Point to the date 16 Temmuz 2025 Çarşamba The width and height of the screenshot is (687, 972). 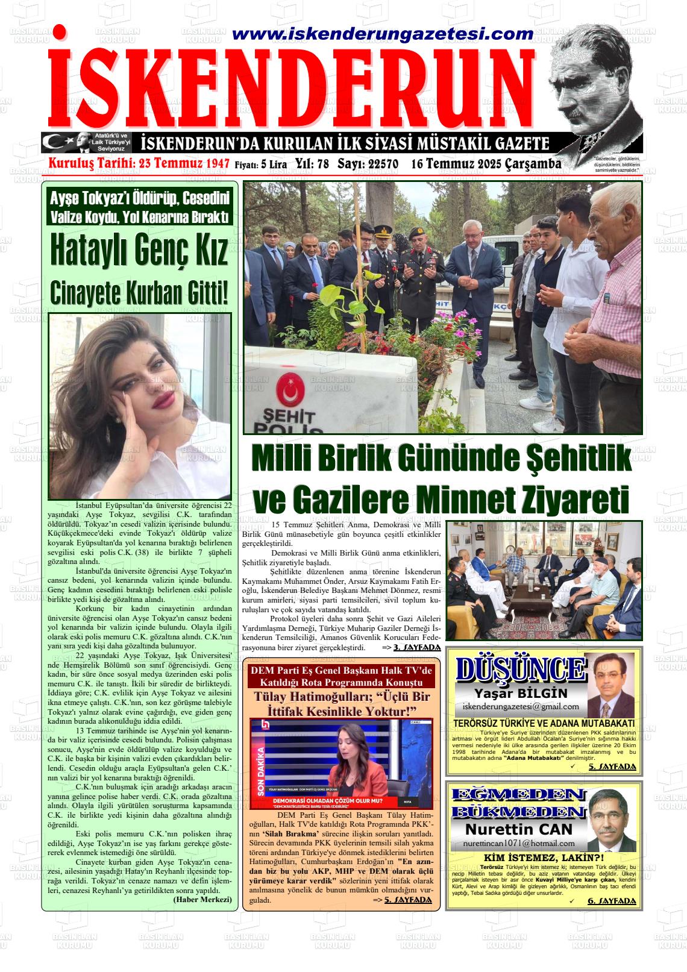(486, 164)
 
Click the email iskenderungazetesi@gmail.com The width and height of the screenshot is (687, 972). (520, 706)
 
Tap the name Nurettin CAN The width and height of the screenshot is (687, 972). (519, 830)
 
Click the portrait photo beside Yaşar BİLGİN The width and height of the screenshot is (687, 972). (609, 685)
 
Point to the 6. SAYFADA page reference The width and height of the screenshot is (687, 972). (612, 901)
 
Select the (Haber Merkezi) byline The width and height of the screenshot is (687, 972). (202, 899)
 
